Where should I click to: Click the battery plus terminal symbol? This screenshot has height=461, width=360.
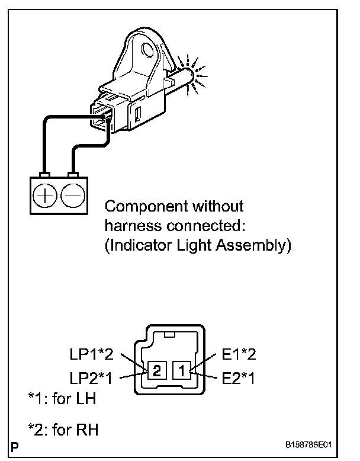45,194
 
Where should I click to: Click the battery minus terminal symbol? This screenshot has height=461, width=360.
73,194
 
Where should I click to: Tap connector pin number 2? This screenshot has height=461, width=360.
156,372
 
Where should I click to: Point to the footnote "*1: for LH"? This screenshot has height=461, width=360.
62,399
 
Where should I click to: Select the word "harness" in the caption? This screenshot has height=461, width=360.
128,226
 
